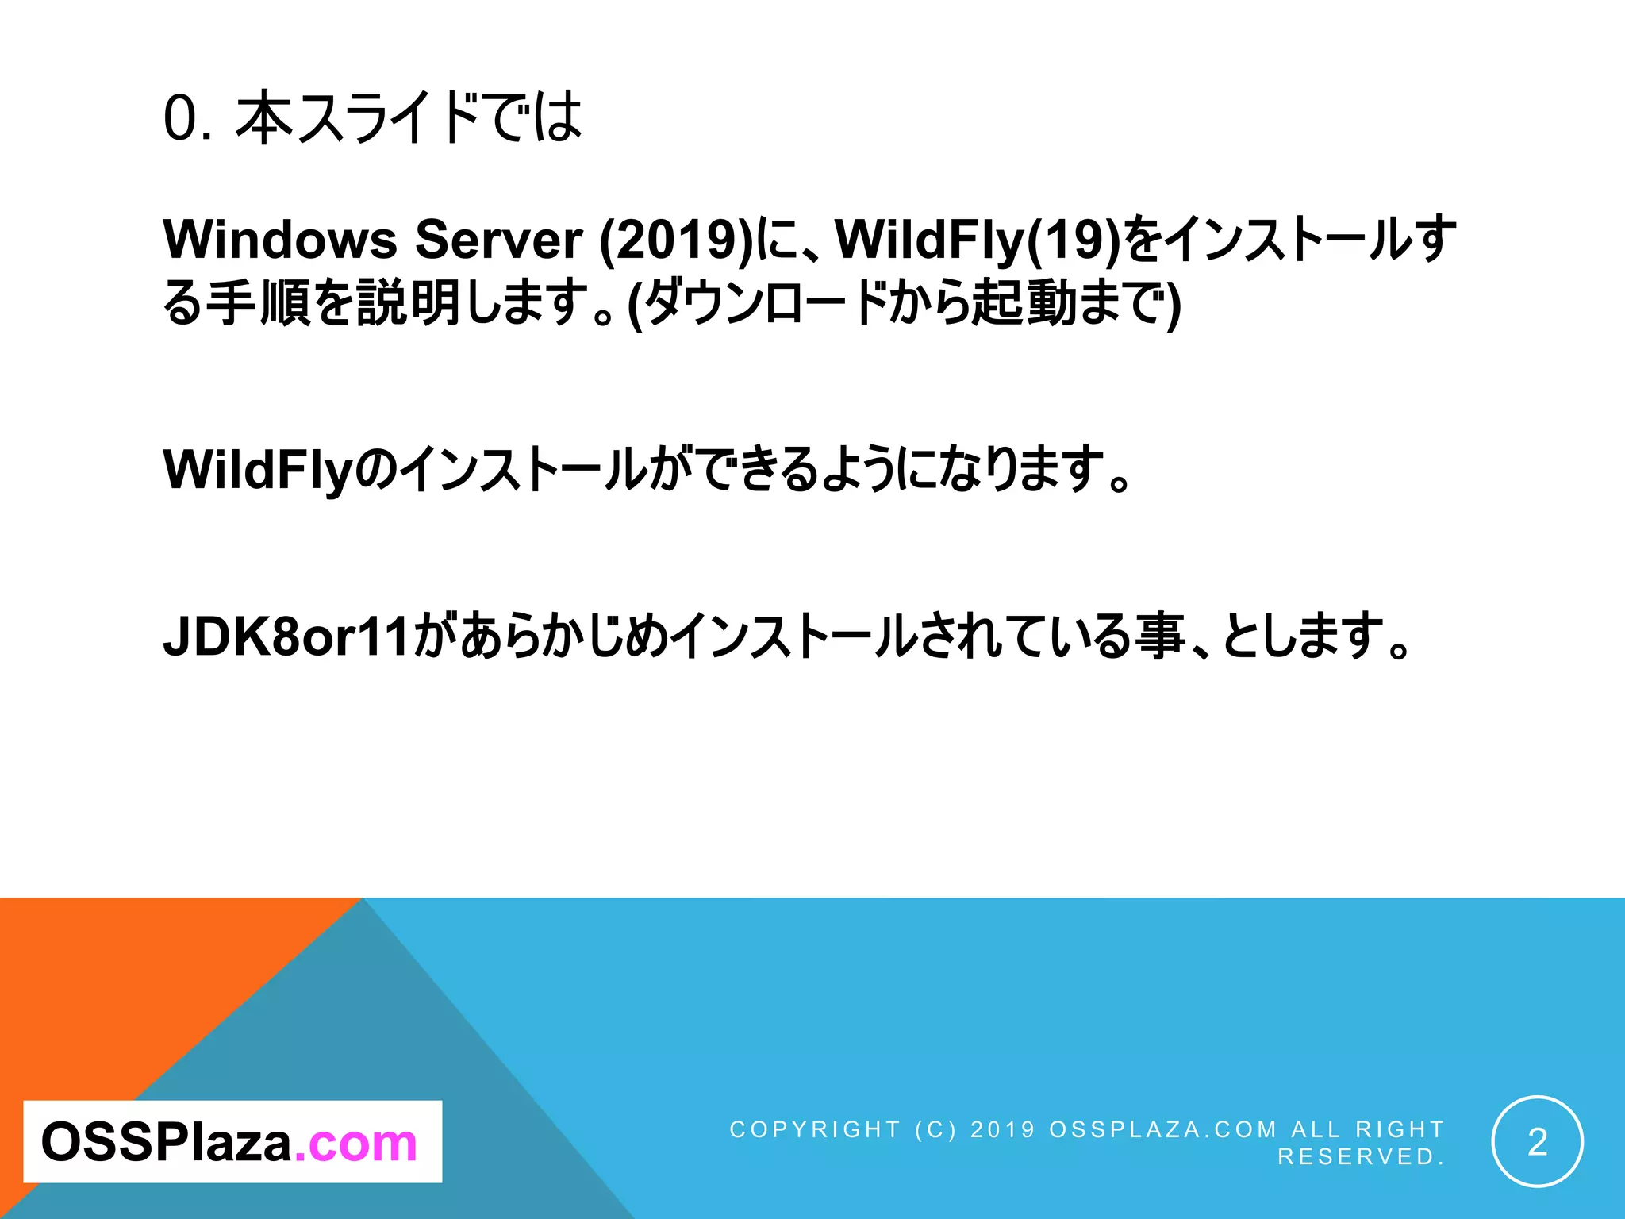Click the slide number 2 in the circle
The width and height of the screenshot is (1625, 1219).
[1537, 1142]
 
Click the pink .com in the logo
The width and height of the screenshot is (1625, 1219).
[355, 1143]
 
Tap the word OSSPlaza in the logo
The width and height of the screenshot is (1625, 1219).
[167, 1143]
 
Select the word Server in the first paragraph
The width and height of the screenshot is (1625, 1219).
[499, 239]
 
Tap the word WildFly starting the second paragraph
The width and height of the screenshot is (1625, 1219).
[257, 470]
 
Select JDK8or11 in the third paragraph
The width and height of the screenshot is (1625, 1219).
[286, 636]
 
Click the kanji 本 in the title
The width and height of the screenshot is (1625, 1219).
[265, 119]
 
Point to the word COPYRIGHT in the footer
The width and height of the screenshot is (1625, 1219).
[815, 1129]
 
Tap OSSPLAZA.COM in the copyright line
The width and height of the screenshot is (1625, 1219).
[1163, 1129]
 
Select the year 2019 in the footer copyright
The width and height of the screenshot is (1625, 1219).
[1003, 1129]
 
